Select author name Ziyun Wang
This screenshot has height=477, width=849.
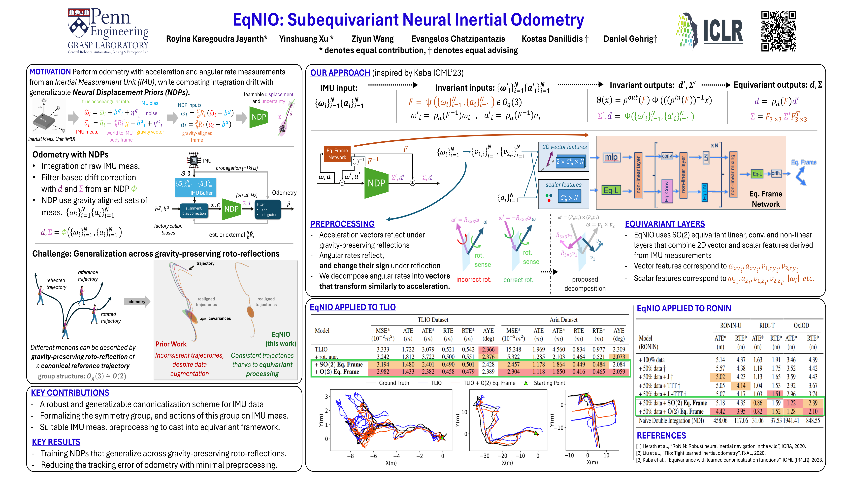[372, 39]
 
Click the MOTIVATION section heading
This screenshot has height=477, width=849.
[50, 72]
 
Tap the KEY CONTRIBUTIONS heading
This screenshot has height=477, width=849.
[70, 393]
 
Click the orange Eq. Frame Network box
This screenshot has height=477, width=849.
[337, 154]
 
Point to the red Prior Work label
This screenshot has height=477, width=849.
[171, 344]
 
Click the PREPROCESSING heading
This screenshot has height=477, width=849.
[342, 224]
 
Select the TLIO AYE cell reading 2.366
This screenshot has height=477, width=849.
[488, 349]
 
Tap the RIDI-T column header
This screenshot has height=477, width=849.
[767, 325]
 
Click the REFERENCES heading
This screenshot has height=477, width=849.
[661, 436]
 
